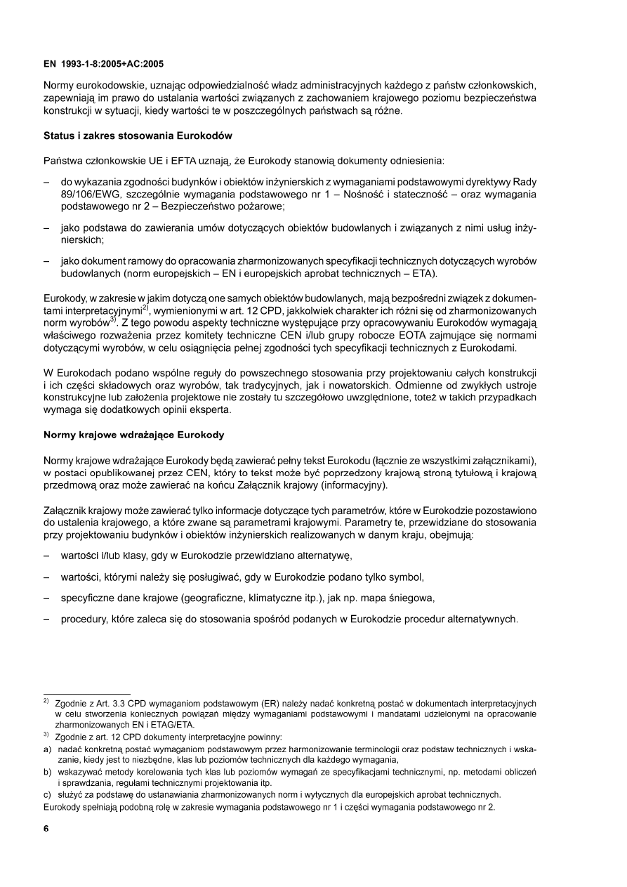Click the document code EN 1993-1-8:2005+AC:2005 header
pyautogui.click(x=103, y=63)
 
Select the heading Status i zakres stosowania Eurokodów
pyautogui.click(x=138, y=134)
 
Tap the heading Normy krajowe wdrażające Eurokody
pyautogui.click(x=134, y=435)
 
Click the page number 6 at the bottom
pyautogui.click(x=46, y=828)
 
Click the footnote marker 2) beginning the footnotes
pyautogui.click(x=46, y=702)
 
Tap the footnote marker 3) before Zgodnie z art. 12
pyautogui.click(x=46, y=737)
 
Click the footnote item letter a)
pyautogui.click(x=48, y=749)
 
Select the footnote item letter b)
pyautogui.click(x=48, y=772)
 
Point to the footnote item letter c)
pyautogui.click(x=48, y=794)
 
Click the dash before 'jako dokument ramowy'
pyautogui.click(x=46, y=261)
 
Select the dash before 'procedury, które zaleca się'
pyautogui.click(x=46, y=619)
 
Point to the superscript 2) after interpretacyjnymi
pyautogui.click(x=144, y=306)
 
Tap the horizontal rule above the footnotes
pyautogui.click(x=87, y=694)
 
